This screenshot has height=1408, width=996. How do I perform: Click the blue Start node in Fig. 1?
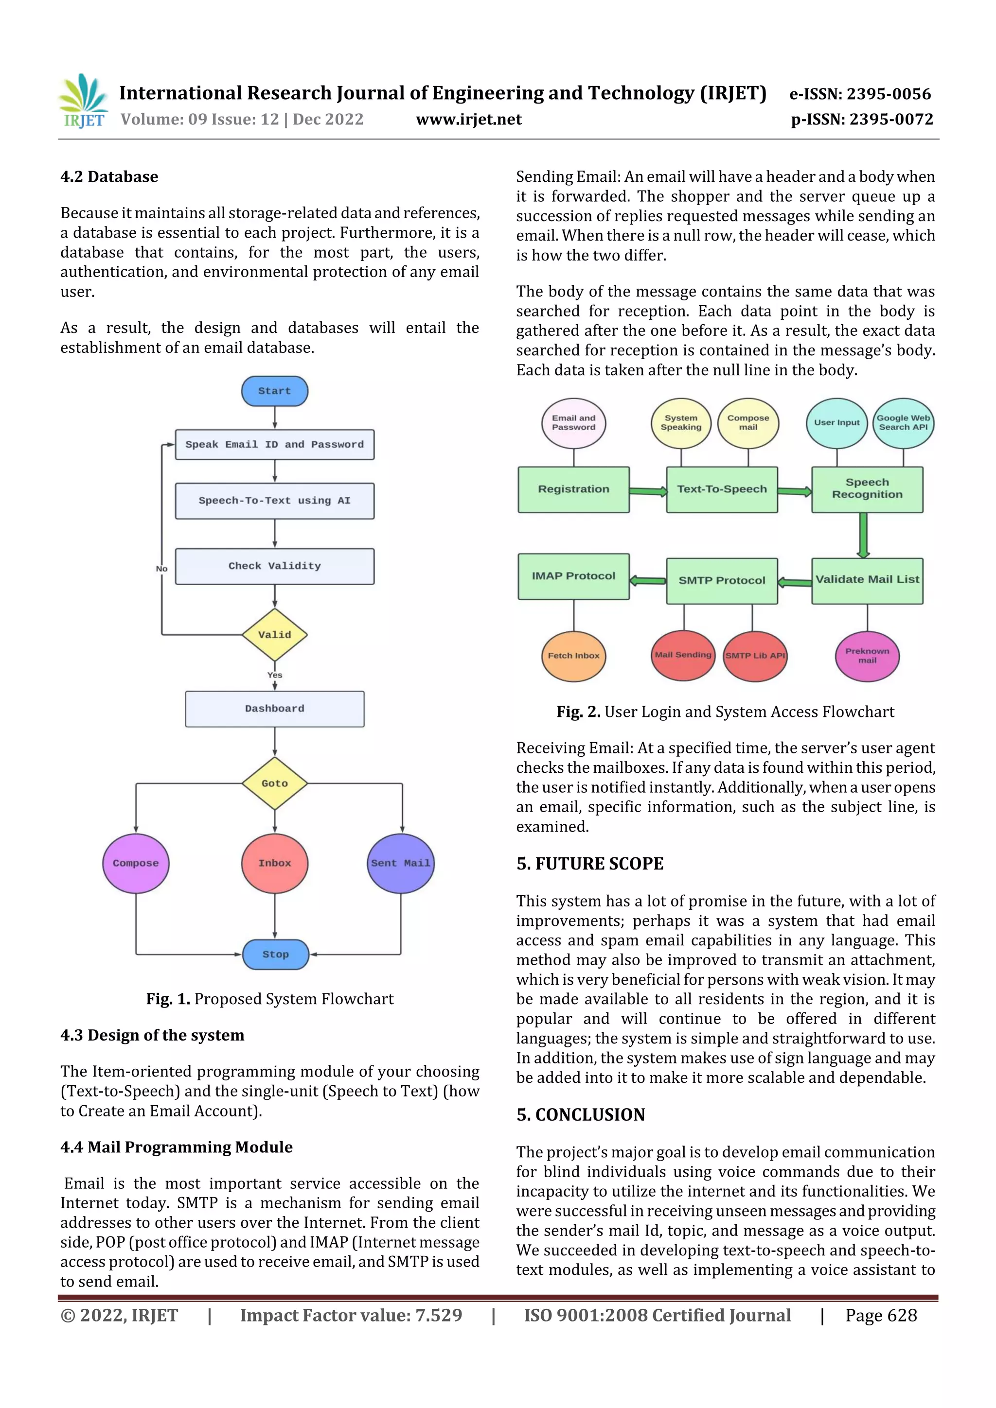[274, 391]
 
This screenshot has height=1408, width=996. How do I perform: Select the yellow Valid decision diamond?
[274, 634]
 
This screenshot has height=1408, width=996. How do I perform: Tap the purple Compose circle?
[136, 863]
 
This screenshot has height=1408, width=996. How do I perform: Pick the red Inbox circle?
[274, 863]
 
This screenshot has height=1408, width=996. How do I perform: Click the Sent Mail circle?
[401, 863]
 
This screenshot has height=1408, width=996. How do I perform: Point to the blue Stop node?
[276, 954]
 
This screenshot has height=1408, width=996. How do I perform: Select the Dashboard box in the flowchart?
[274, 708]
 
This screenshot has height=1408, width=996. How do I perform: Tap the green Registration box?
[573, 489]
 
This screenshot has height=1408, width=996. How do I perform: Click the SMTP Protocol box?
[722, 580]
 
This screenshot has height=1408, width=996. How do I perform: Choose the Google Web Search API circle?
[903, 422]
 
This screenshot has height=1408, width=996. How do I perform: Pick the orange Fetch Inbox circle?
[573, 656]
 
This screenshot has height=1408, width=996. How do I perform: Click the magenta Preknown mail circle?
[867, 656]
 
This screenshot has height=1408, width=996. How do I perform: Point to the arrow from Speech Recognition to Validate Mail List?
[863, 535]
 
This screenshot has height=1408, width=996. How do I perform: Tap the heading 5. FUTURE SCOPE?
[590, 864]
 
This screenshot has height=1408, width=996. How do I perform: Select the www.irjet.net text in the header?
[469, 120]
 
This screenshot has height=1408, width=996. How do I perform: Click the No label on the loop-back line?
[161, 569]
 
